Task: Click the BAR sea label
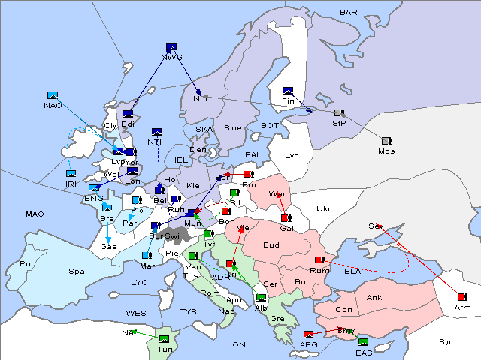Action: click(349, 13)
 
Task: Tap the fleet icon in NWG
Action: click(171, 48)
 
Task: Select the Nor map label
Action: click(201, 98)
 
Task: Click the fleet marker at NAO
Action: click(53, 95)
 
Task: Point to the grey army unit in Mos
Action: click(386, 141)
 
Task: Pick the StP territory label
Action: click(339, 122)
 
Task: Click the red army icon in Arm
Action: click(461, 297)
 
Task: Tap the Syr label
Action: click(446, 341)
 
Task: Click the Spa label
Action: click(75, 271)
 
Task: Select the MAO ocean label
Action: click(35, 214)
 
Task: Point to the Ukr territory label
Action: click(323, 208)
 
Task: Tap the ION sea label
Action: click(237, 344)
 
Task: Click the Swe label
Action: click(233, 128)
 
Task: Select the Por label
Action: click(27, 264)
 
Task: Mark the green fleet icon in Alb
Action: click(261, 298)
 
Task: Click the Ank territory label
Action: click(374, 298)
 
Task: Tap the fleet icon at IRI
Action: click(71, 174)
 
